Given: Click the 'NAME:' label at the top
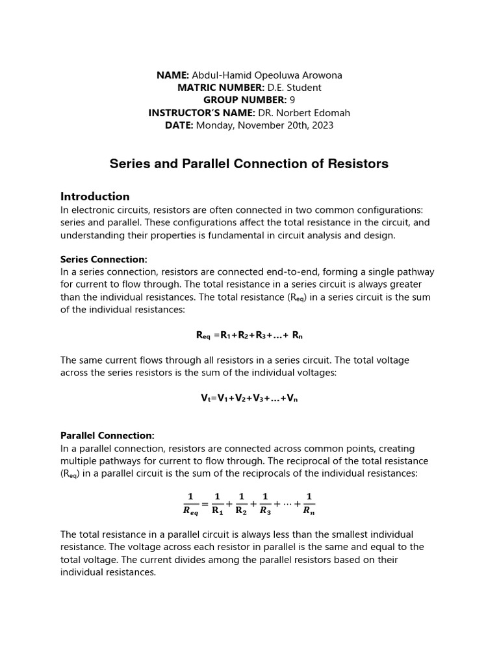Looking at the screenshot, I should tap(173, 75).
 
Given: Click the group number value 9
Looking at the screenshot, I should tap(292, 100).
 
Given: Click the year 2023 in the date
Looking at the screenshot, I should tap(322, 125).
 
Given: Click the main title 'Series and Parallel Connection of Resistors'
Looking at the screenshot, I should tap(249, 164).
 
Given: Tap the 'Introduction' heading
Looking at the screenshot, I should tap(95, 196).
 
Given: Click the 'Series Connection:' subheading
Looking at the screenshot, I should tap(104, 259).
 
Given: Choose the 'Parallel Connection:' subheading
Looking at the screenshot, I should tap(107, 435).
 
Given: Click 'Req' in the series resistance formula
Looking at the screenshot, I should tap(204, 336).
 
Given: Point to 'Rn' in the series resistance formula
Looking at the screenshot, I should tap(297, 336).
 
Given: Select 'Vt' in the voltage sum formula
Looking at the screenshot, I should tap(205, 398).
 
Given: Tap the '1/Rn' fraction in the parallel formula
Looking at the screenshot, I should tap(309, 503).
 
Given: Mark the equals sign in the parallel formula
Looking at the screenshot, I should tap(205, 503).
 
